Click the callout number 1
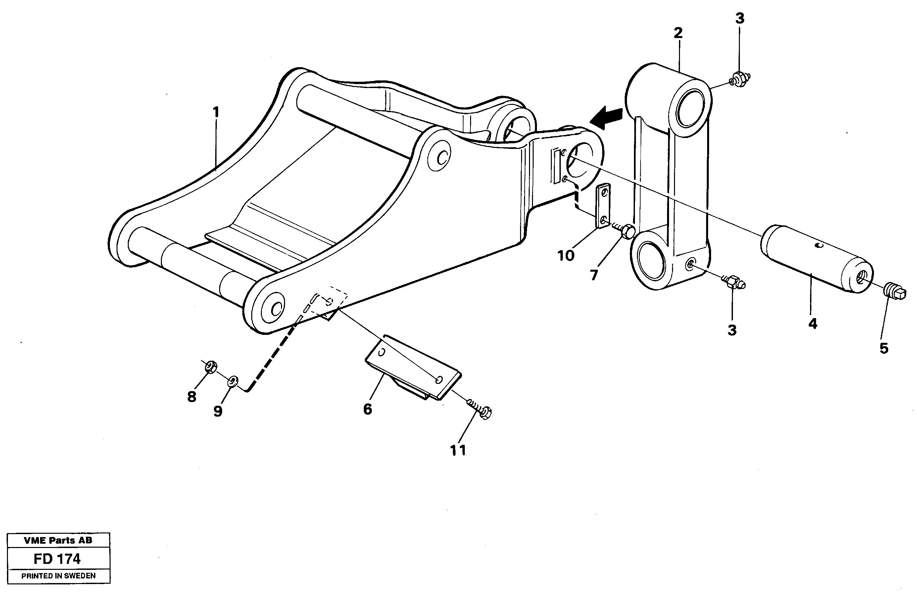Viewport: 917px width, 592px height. [x=216, y=112]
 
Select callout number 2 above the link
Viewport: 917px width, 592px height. [x=678, y=33]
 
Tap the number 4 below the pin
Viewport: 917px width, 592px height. [x=812, y=324]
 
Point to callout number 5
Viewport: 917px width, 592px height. [x=884, y=348]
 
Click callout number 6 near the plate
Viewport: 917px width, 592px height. [x=367, y=409]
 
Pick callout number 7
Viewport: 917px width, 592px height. [x=594, y=275]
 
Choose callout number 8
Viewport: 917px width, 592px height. [x=191, y=396]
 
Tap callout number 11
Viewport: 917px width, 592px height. [x=458, y=450]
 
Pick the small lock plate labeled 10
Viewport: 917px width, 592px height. [x=603, y=206]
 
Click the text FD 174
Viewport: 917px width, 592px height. [x=57, y=559]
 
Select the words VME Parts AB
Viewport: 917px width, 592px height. [x=58, y=540]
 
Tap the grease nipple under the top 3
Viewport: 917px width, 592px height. [x=739, y=79]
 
